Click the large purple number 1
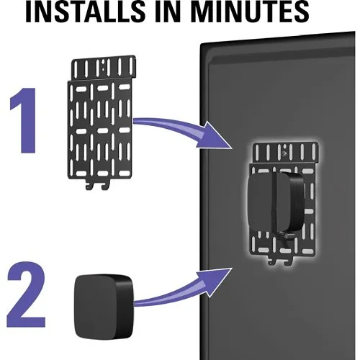tap(24, 120)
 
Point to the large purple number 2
tap(26, 294)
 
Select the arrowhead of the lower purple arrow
tap(214, 282)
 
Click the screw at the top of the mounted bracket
tap(284, 153)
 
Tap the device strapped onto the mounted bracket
tap(276, 202)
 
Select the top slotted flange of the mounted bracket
tap(286, 153)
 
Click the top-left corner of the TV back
tap(201, 45)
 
